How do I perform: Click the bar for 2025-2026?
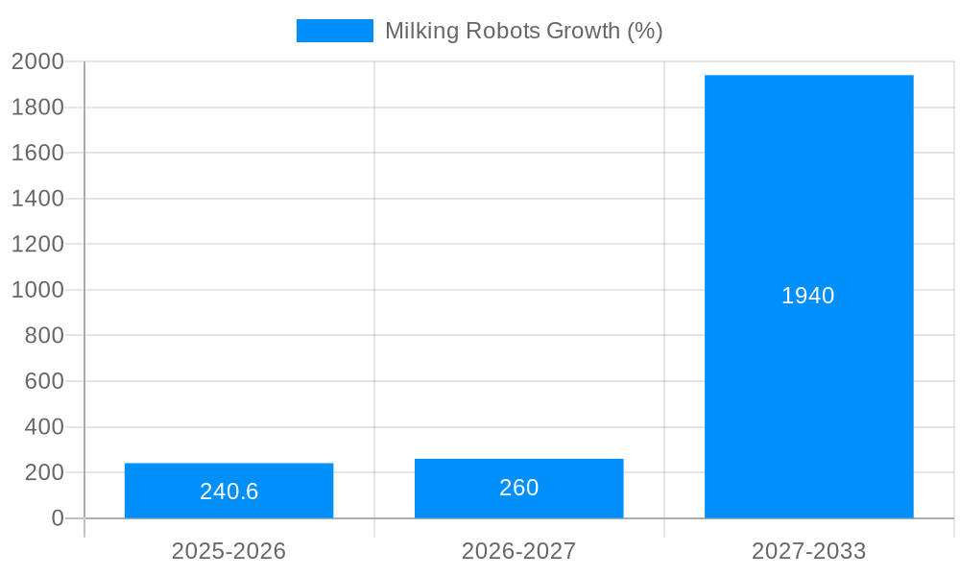[228, 475]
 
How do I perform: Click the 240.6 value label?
[228, 492]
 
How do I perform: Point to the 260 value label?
[518, 488]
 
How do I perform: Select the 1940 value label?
[807, 296]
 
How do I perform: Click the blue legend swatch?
[334, 31]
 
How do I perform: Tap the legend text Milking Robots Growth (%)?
[523, 31]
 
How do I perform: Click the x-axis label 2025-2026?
[228, 551]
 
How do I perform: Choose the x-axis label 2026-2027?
[518, 551]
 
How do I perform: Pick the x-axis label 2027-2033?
[808, 551]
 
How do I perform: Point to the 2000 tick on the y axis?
[37, 61]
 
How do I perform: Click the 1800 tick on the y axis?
[37, 108]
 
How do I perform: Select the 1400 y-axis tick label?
[37, 199]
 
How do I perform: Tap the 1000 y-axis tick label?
[37, 290]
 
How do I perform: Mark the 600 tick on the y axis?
[43, 381]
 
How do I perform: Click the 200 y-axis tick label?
[43, 472]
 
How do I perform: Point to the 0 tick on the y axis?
[57, 518]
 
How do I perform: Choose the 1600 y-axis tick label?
[37, 153]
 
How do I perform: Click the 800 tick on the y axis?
[43, 335]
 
